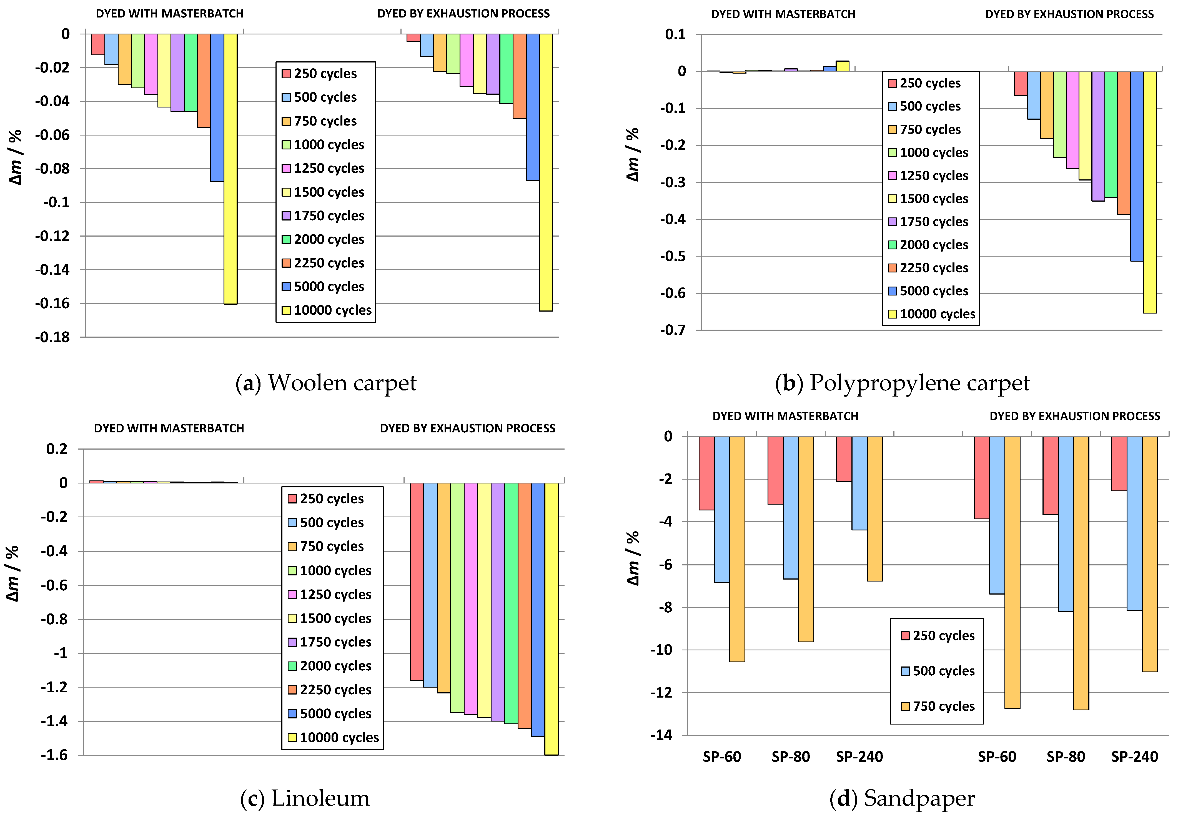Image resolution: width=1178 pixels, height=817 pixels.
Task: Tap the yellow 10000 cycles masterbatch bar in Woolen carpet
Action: tap(230, 169)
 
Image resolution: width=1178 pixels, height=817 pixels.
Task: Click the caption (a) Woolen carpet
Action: tap(326, 383)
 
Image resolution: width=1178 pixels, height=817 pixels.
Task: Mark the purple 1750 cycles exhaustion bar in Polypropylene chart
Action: tap(1098, 136)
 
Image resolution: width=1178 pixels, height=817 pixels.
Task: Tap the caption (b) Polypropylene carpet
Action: tap(902, 383)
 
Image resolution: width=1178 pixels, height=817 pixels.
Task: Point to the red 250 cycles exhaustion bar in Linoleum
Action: tap(417, 581)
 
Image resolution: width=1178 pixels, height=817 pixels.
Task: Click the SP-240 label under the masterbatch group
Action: tap(859, 756)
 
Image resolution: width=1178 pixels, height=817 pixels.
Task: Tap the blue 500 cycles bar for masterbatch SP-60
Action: tap(722, 509)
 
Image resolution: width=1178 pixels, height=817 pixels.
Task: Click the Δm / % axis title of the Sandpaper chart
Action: tap(633, 558)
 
